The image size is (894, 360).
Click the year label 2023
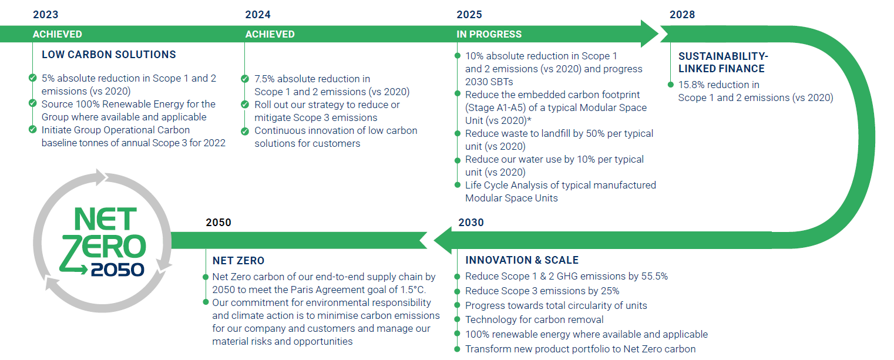tap(45, 15)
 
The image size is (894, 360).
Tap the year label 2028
tap(682, 15)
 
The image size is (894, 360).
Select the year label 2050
tap(219, 223)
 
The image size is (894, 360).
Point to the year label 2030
tap(471, 223)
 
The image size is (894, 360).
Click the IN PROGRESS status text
tap(489, 34)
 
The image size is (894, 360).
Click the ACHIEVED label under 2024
tap(270, 34)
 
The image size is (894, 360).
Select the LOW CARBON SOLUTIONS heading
tap(109, 55)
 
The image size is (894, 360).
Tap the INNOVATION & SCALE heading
tap(522, 260)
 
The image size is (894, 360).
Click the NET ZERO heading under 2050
tap(238, 260)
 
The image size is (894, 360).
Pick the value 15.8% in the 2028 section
tap(691, 85)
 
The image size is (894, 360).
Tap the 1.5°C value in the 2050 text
tap(412, 290)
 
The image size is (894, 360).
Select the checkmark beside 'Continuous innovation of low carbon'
tap(244, 130)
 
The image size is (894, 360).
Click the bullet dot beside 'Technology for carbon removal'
tap(457, 320)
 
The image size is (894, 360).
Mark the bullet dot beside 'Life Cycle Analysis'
tap(457, 185)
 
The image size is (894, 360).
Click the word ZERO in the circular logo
tap(103, 247)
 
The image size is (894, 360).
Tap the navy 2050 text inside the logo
tap(117, 270)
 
